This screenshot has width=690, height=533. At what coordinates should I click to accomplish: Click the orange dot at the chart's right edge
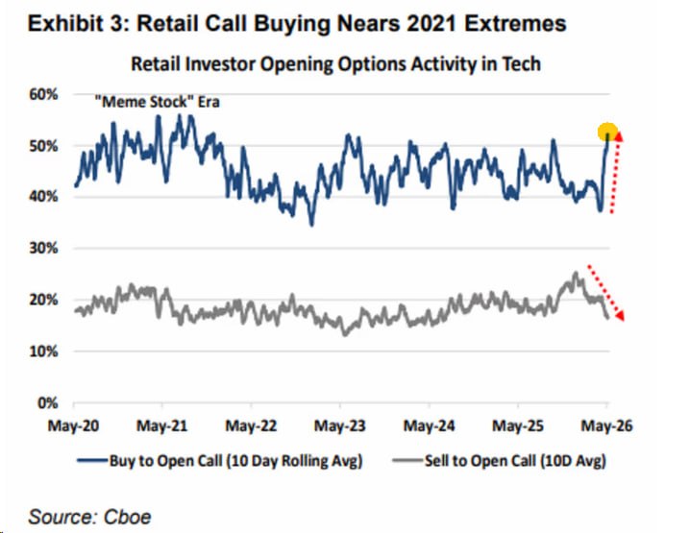coord(607,132)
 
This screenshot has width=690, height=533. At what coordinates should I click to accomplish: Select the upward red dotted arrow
coord(616,173)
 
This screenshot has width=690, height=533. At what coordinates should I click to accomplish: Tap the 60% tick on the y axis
coord(43,94)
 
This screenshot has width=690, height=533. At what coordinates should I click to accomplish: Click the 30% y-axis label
coord(43,248)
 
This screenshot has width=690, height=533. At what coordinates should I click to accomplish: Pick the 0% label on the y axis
coord(47,402)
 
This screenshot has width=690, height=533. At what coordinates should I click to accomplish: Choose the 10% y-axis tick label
coord(43,351)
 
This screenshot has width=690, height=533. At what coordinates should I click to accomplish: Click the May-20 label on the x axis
coord(73,425)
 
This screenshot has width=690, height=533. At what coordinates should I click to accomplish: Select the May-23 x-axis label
coord(340,425)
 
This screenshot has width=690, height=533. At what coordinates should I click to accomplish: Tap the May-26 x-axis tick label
coord(606,425)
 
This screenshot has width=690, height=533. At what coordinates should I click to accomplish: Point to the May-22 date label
coord(251,425)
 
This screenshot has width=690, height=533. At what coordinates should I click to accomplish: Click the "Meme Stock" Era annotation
coord(157,102)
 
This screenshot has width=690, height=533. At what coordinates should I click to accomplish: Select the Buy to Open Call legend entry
coord(220,461)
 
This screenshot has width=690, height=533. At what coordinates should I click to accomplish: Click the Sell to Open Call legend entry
coord(500,461)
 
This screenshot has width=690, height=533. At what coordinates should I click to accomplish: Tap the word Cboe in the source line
coord(127,518)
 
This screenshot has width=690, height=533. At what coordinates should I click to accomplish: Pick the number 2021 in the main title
coord(431,23)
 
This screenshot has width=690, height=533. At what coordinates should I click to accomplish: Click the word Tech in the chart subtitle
coord(522,64)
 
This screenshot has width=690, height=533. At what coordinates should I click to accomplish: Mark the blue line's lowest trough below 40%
coord(312,225)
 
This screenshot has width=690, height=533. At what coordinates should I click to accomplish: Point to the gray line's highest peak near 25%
coord(576,274)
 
